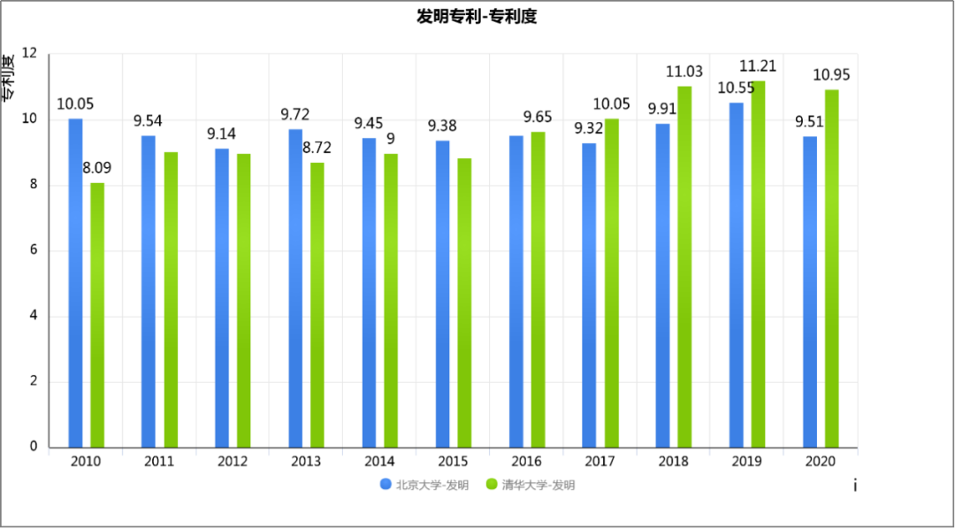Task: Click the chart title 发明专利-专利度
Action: point(477,17)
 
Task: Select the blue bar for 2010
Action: point(75,283)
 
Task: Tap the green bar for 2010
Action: point(97,315)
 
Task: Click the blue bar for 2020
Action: point(810,292)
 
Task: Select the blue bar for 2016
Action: point(516,291)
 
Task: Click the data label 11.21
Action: point(758,66)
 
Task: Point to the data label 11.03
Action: point(684,72)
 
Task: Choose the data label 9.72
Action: point(295,115)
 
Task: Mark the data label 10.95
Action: point(831,75)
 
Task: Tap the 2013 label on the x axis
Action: point(306,462)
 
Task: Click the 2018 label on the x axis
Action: point(673,462)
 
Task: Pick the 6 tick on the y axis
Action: point(33,250)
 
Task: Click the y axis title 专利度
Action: point(8,77)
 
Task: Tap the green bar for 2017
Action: point(611,283)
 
